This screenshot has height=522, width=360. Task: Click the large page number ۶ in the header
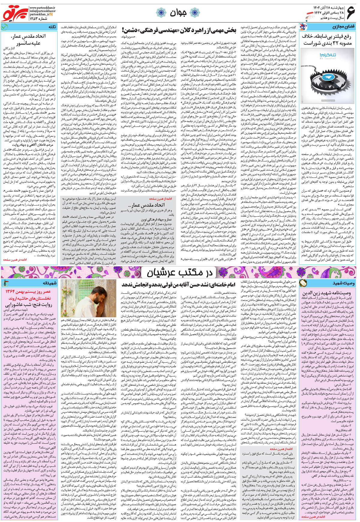(350, 13)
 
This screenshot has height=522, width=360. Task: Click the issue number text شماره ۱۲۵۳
(39, 19)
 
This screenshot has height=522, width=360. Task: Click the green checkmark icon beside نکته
(4, 27)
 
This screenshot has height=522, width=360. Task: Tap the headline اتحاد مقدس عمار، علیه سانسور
(28, 39)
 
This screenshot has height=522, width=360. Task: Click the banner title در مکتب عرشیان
(179, 272)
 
